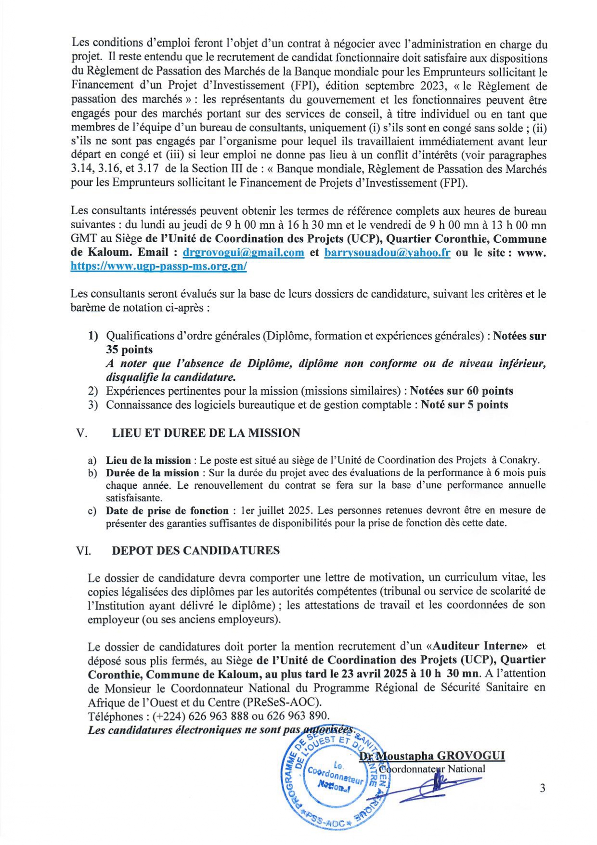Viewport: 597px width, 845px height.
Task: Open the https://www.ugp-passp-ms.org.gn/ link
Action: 158,266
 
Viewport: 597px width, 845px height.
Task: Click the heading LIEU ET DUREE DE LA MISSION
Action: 206,433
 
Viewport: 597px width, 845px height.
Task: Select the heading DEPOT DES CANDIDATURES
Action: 195,550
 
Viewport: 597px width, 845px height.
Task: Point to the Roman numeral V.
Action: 81,433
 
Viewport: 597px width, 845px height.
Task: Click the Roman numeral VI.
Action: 83,550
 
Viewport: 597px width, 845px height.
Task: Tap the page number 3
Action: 542,788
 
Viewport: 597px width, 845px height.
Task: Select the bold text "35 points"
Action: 129,350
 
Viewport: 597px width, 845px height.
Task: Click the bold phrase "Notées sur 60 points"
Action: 461,391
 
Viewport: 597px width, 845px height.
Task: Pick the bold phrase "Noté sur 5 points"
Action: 464,405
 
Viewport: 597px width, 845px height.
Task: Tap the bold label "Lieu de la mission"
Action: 148,460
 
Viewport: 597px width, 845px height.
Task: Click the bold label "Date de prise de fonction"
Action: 167,510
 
